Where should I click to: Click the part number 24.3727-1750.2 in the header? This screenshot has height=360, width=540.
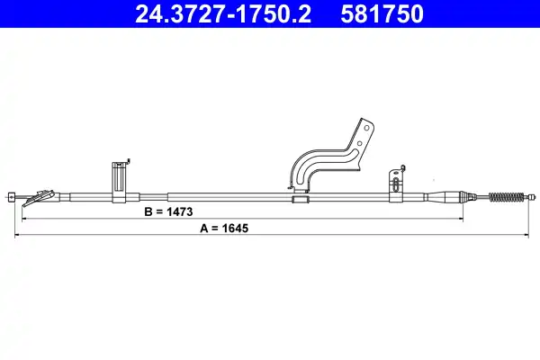tap(223, 14)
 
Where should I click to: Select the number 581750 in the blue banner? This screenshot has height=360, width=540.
tap(382, 14)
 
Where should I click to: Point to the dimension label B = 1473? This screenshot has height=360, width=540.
tap(168, 211)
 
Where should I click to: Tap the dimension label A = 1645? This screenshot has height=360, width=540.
tap(224, 228)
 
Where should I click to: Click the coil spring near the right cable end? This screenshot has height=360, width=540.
tap(507, 197)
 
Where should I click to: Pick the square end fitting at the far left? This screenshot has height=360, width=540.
tap(11, 197)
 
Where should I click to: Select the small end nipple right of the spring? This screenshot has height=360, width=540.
tap(533, 197)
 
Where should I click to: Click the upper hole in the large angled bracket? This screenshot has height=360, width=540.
tap(366, 128)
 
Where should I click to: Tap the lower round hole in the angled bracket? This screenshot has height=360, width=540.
tap(359, 143)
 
